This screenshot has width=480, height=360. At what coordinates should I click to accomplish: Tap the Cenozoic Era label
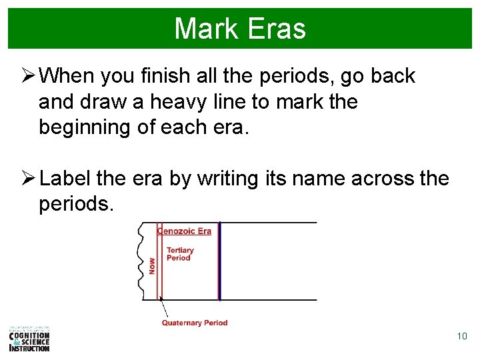pyautogui.click(x=184, y=231)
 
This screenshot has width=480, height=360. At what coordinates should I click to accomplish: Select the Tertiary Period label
pyautogui.click(x=179, y=254)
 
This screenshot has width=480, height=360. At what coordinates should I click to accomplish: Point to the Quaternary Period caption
pyautogui.click(x=195, y=323)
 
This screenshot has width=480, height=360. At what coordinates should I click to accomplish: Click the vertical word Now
pyautogui.click(x=152, y=267)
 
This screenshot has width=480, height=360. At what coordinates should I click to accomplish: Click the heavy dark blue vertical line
pyautogui.click(x=219, y=261)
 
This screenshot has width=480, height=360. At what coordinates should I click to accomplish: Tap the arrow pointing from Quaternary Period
pyautogui.click(x=166, y=309)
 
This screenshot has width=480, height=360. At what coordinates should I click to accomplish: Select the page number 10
pyautogui.click(x=462, y=336)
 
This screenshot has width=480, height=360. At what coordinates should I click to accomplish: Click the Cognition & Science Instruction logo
pyautogui.click(x=29, y=339)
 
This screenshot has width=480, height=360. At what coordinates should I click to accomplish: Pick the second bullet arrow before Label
pyautogui.click(x=27, y=179)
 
